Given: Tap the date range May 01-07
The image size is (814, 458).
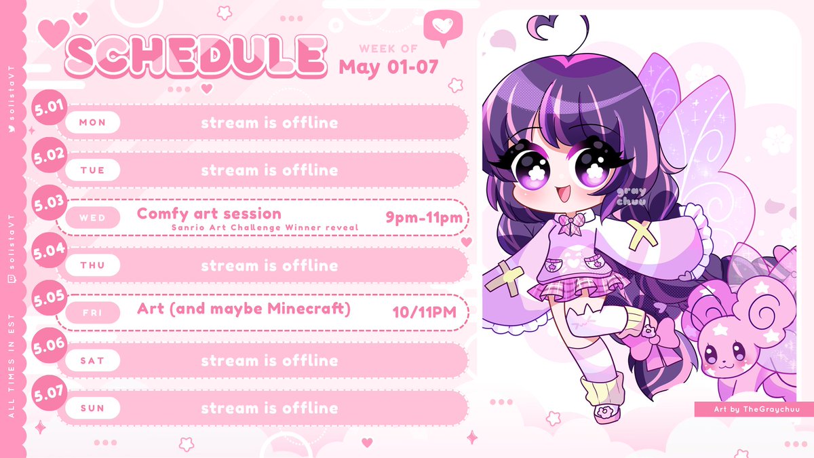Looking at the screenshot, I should coord(388,66).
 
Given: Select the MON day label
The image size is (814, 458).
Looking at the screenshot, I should coord(92,123).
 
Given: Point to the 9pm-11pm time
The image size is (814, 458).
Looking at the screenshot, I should coord(424,217).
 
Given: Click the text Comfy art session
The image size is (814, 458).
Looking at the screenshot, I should coord(209,213).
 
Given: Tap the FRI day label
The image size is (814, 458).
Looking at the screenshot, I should coord(92,313).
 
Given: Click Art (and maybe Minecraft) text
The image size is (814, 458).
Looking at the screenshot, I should coord(244,309).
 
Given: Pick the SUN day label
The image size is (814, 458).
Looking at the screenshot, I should coord(92,408).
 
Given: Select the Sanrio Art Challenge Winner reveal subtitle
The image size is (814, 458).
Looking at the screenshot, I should coord(265,227).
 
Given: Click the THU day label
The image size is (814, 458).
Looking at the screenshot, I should coord(92,265).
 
